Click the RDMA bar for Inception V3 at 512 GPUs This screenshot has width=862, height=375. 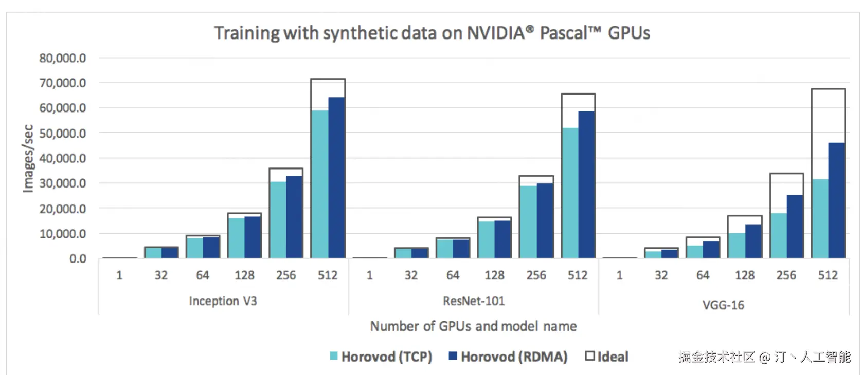pyautogui.click(x=336, y=177)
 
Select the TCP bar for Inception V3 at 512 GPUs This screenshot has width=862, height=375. pyautogui.click(x=319, y=184)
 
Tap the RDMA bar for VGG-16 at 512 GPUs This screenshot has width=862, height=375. pyautogui.click(x=837, y=200)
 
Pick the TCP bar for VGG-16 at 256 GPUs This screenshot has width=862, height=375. pyautogui.click(x=778, y=235)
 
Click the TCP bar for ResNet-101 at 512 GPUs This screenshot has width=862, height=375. pyautogui.click(x=570, y=193)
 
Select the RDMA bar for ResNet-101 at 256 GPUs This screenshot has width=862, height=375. pyautogui.click(x=545, y=220)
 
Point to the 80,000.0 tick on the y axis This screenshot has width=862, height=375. pyautogui.click(x=63, y=58)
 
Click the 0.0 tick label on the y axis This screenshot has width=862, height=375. pyautogui.click(x=78, y=259)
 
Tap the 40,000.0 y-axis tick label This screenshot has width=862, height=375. pyautogui.click(x=63, y=158)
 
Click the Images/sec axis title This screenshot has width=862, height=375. pyautogui.click(x=28, y=158)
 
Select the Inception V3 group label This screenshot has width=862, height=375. pyautogui.click(x=223, y=301)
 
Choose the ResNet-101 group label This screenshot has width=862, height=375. pyautogui.click(x=474, y=301)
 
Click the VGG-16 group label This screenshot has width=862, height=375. pyautogui.click(x=723, y=305)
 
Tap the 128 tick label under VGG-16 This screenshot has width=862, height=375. pyautogui.click(x=744, y=275)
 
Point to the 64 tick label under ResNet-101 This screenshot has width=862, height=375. pyautogui.click(x=453, y=275)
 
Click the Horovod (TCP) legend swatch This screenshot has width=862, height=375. pyautogui.click(x=334, y=356)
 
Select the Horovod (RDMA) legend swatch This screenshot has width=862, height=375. pyautogui.click(x=453, y=356)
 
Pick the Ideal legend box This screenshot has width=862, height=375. pyautogui.click(x=590, y=355)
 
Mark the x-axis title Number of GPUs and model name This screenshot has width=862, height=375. pyautogui.click(x=473, y=326)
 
